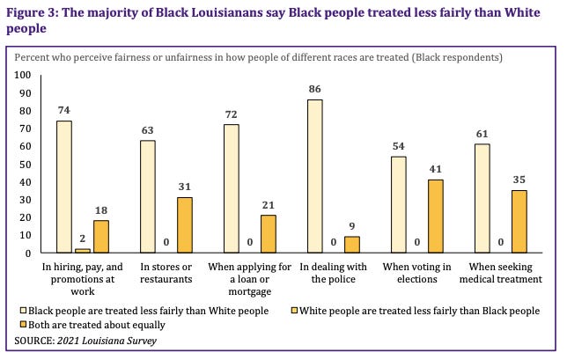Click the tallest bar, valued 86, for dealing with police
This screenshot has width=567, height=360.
314,176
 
